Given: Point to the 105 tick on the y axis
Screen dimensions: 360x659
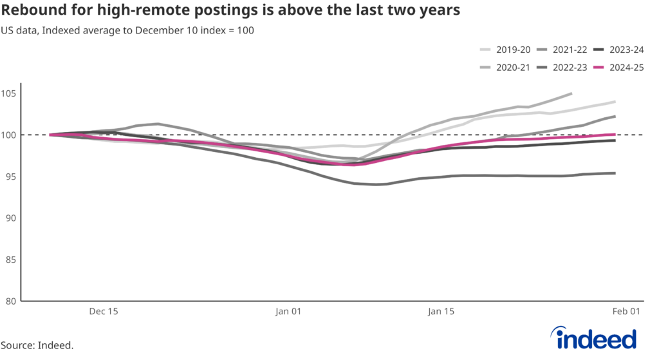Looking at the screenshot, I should (x=9, y=93).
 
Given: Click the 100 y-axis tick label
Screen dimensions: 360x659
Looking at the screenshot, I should (x=9, y=135).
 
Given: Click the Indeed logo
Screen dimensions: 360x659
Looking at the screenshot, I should (x=593, y=338).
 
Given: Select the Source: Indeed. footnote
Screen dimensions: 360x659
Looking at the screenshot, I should (x=37, y=346).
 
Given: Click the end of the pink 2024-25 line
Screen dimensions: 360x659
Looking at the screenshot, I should (x=615, y=135).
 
